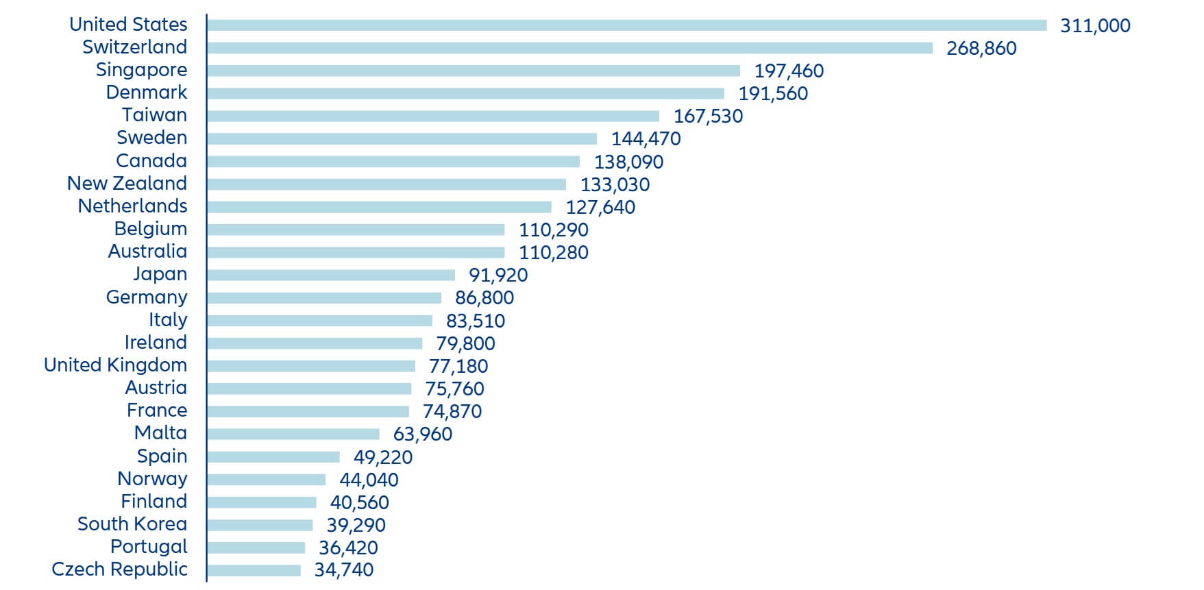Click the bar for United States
click(x=626, y=25)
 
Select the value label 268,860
click(x=981, y=48)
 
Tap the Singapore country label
click(x=141, y=70)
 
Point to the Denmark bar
click(x=465, y=93)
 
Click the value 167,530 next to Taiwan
click(x=708, y=116)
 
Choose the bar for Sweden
click(x=402, y=138)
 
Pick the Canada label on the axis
click(x=151, y=161)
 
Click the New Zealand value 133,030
click(x=615, y=184)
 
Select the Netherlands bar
click(x=379, y=207)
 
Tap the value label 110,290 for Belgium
click(x=553, y=230)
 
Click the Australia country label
click(x=147, y=251)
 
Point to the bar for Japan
click(x=331, y=275)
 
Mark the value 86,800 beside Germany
click(x=484, y=297)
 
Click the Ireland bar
click(x=315, y=343)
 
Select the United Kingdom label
click(x=115, y=365)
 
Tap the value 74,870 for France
click(x=452, y=411)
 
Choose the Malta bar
click(x=293, y=434)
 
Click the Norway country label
click(x=151, y=479)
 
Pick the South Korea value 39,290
click(x=356, y=525)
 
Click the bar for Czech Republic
click(x=254, y=570)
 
